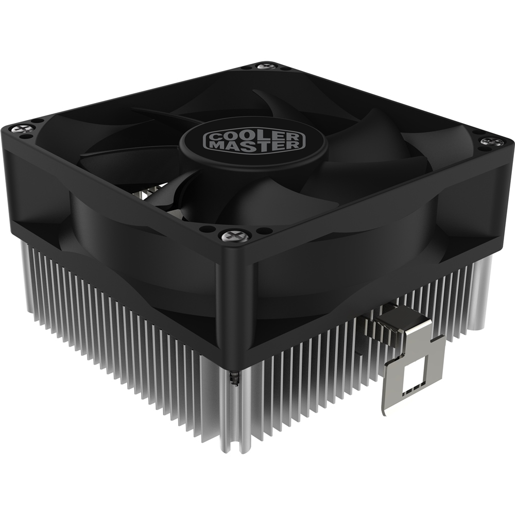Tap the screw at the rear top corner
pyautogui.click(x=264, y=66)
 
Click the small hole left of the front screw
pyautogui.click(x=205, y=229)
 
